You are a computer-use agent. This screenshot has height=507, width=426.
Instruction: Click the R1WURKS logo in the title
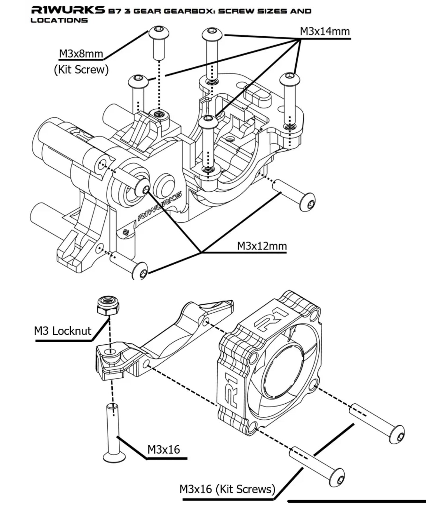point(68,10)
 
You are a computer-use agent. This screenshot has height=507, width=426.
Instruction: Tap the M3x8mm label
point(81,54)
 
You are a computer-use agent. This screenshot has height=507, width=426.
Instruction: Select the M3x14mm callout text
point(325,31)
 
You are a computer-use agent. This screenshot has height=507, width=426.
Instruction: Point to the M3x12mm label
point(262,246)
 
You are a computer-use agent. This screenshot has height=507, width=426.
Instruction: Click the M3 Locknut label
point(62,331)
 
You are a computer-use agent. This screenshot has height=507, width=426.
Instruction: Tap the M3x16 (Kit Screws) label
point(227,489)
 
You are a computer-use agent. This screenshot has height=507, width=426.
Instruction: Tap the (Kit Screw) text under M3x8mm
point(81,70)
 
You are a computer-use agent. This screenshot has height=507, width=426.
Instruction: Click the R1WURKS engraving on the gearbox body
point(159,206)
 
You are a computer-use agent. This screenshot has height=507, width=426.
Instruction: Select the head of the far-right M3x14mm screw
point(290,79)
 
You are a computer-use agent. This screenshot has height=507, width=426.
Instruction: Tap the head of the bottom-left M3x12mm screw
point(140,270)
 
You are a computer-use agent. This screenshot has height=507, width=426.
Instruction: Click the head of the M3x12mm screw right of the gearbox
point(307,202)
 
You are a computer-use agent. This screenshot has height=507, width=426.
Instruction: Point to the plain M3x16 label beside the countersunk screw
point(164,450)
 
